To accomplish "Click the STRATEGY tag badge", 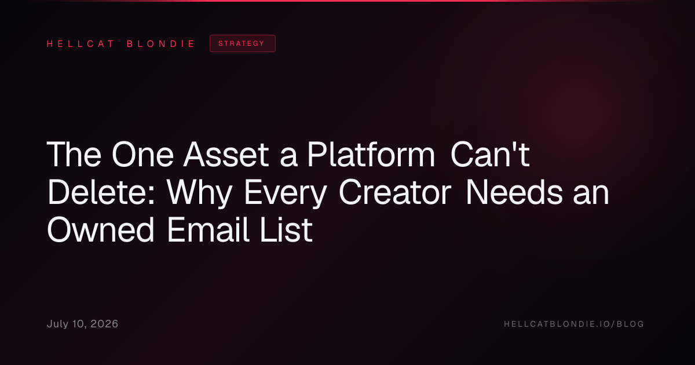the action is point(242,43).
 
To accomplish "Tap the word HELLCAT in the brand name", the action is point(81,44).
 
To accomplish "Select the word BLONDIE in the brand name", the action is point(160,44).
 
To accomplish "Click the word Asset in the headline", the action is point(226,154).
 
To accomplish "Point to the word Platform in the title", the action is point(371,154).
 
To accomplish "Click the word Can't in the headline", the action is point(490,154).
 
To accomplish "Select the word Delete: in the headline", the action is point(101,192).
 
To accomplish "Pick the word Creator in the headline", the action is point(395,192).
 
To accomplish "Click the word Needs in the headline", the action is point(514,192).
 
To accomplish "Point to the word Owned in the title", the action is point(101,230).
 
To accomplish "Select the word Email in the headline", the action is point(208,229).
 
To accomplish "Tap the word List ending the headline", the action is point(286,229).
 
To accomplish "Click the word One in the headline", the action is point(142,154).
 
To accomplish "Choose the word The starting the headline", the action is point(74,154).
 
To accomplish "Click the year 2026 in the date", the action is point(104,324).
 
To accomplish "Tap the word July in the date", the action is point(58,324).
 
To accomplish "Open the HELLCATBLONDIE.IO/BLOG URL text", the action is point(574,324).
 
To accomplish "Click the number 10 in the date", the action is point(79,324).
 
